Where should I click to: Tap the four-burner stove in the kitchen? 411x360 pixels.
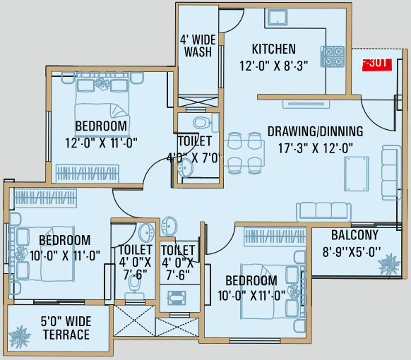click(333, 56)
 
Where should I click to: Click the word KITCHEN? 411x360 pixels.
click(273, 49)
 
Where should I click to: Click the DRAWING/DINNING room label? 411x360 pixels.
click(315, 131)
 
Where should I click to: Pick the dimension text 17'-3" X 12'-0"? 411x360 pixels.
click(315, 148)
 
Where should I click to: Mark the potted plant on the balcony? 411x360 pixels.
click(388, 265)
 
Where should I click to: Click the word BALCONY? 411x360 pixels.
click(355, 235)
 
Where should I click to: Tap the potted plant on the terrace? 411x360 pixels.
click(21, 333)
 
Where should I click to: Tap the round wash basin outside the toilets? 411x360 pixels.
click(170, 226)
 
